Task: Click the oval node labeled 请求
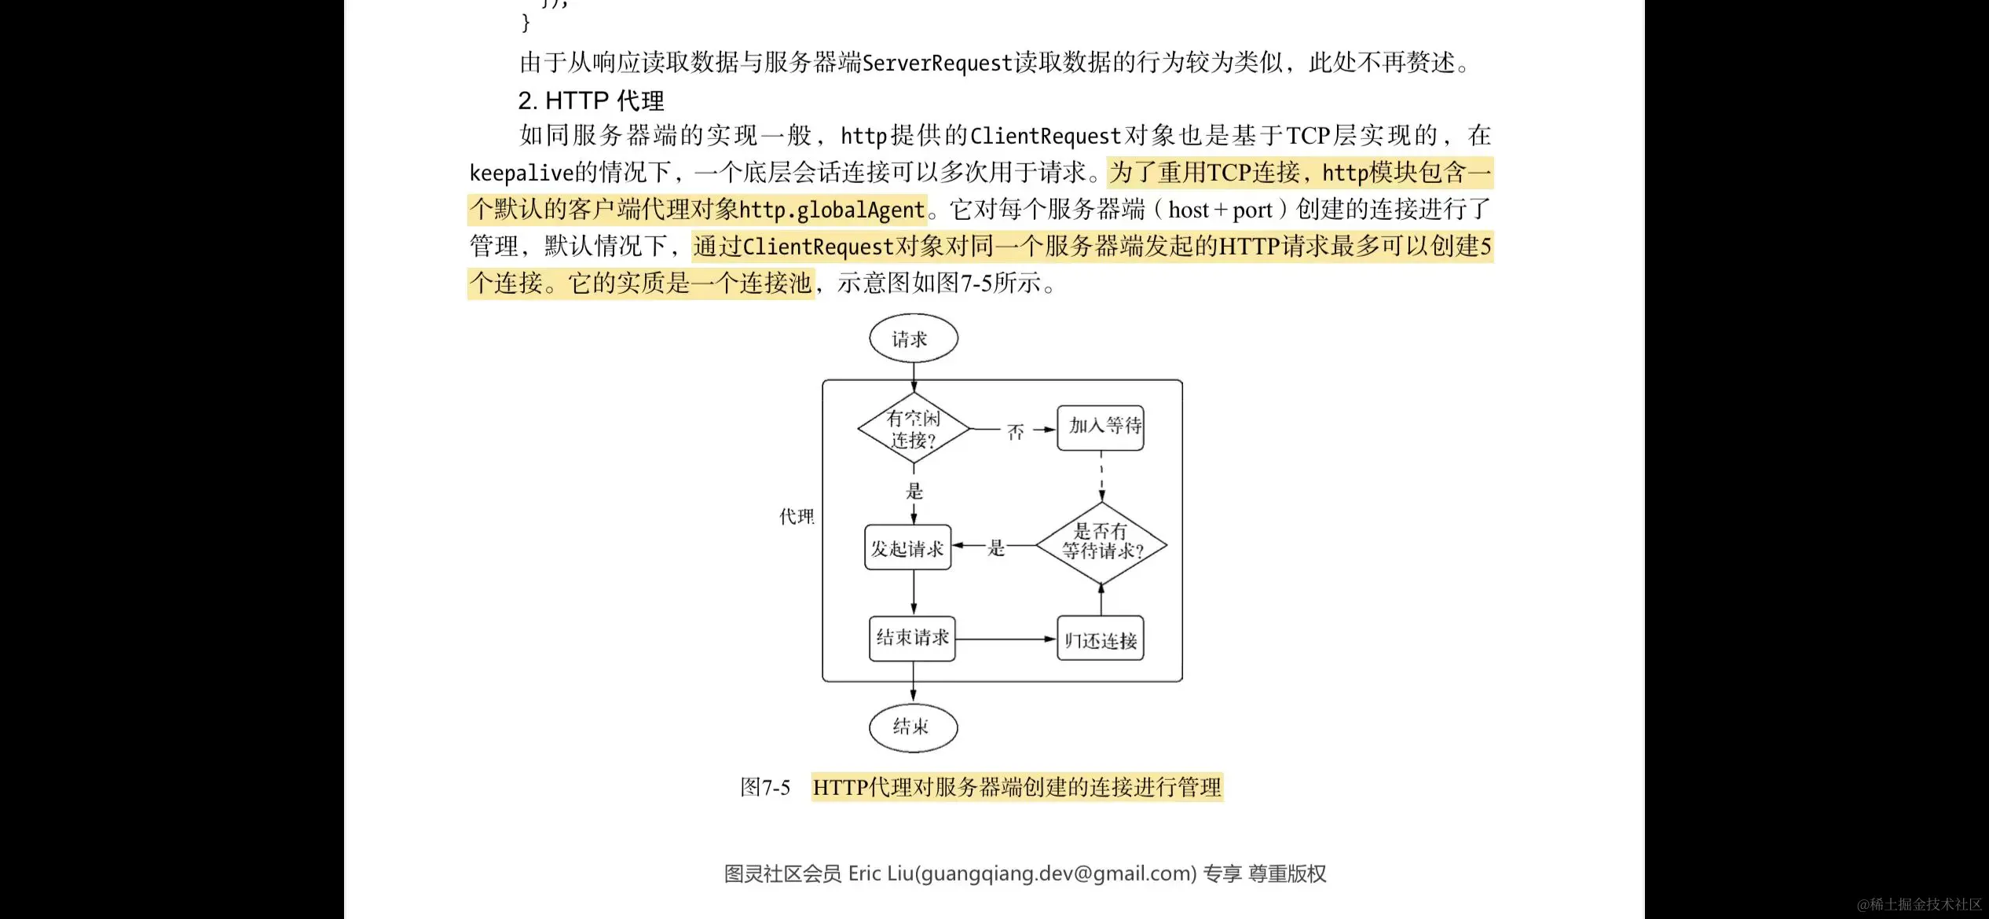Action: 913,339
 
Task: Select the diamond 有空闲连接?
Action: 913,429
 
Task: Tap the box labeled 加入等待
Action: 1101,427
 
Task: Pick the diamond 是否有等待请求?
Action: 1101,543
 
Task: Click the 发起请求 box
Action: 907,547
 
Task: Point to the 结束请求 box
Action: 912,638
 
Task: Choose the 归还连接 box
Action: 1101,639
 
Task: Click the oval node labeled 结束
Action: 913,727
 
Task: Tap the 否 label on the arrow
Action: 1016,431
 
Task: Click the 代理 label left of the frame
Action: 796,516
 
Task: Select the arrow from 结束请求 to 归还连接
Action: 1006,639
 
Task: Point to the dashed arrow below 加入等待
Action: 1101,476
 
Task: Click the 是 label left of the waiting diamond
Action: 996,547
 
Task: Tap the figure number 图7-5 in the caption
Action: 764,787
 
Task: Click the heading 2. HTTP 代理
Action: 591,101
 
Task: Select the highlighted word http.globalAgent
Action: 831,210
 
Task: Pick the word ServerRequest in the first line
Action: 937,63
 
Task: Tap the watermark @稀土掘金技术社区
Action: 1918,904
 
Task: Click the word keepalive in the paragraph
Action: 521,173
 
